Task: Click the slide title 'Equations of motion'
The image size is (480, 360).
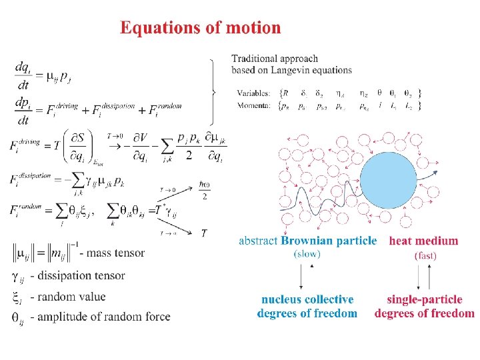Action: [x=200, y=28]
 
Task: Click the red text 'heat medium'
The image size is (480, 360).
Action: [x=423, y=241]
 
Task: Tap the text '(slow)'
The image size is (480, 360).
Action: [x=307, y=254]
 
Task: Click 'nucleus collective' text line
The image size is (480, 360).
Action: [x=307, y=300]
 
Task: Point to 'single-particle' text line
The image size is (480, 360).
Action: [x=425, y=300]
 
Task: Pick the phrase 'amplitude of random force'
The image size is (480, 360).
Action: [x=100, y=316]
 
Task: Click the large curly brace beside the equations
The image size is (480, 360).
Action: [x=213, y=92]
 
